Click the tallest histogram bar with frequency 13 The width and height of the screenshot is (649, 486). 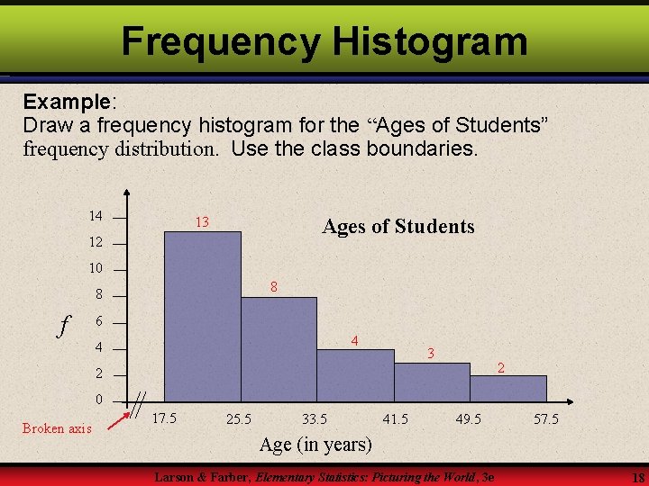203,315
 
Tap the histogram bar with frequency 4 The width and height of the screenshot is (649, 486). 355,373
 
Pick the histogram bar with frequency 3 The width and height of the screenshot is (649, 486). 432,381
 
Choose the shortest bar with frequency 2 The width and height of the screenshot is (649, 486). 508,387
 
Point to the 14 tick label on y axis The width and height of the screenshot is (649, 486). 96,216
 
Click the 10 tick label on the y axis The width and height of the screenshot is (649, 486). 96,268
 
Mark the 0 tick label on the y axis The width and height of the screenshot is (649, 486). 99,400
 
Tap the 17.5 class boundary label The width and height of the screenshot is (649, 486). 163,418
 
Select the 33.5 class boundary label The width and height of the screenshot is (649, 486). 315,418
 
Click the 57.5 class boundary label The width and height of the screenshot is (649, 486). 545,418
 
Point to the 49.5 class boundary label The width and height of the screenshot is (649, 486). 468,418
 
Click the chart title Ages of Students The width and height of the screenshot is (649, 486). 398,227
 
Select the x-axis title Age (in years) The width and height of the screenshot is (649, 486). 315,444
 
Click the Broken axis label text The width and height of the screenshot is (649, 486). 57,428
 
